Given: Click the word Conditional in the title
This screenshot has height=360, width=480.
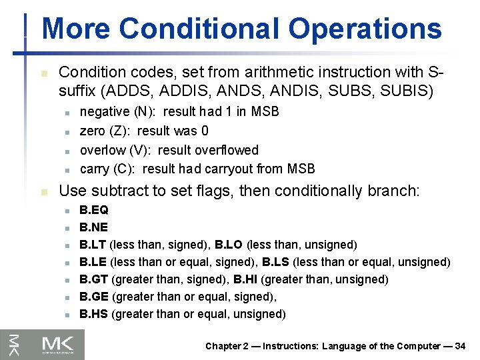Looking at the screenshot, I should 200,29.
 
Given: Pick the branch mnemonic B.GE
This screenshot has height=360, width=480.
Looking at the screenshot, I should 94,297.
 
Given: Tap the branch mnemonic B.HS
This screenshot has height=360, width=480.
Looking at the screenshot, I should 94,314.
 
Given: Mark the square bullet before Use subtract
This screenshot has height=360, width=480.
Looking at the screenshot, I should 43,192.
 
